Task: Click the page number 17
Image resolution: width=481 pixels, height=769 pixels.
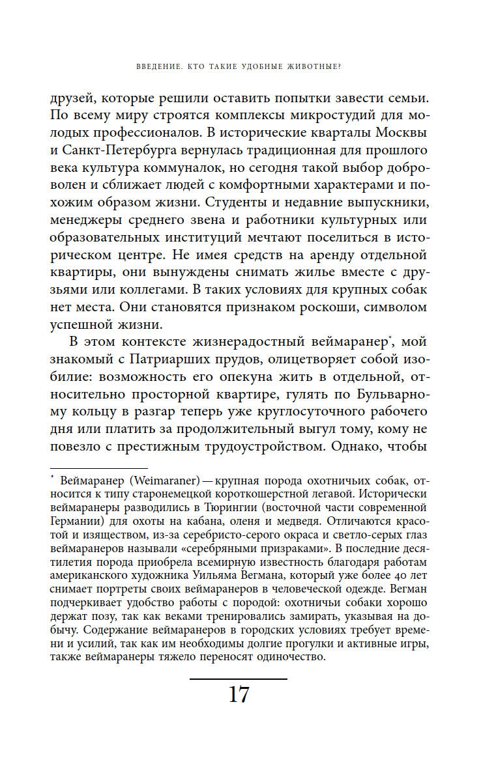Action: tap(239, 695)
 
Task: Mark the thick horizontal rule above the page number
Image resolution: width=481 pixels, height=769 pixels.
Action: tap(239, 679)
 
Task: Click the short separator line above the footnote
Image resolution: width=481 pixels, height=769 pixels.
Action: tap(98, 468)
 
